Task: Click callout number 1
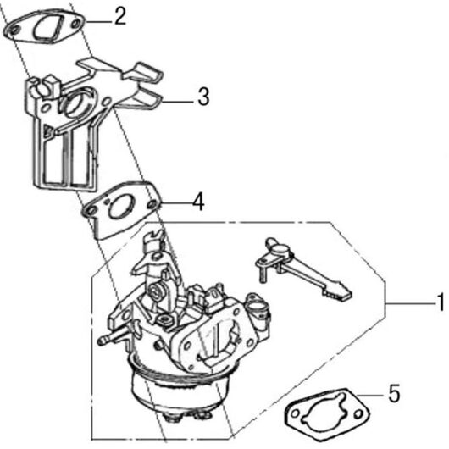tap(441, 302)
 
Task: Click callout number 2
tap(120, 16)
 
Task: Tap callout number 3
tap(203, 97)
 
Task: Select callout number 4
tap(198, 202)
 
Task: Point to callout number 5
tap(394, 393)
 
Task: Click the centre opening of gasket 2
tap(48, 28)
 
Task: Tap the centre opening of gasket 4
tap(120, 207)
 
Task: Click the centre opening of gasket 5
tap(325, 412)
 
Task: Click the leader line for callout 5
tap(371, 395)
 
